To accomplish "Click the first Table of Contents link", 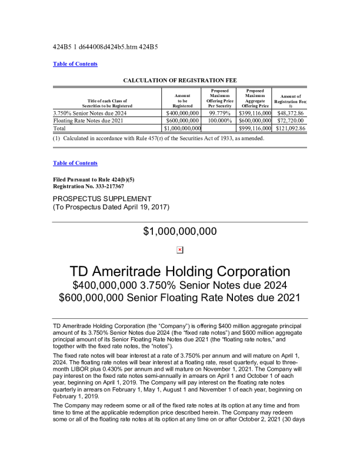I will point(75,64).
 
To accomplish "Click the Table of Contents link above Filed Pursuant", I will point(75,163).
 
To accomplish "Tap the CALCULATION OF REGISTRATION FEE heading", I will point(179,79).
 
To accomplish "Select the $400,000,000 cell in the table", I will point(183,112).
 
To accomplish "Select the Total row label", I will point(59,128).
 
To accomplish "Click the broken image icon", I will point(180,250).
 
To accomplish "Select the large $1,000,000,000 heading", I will point(180,232).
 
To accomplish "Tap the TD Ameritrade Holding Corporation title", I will point(180,272).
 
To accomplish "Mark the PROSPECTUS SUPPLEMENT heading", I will point(102,198).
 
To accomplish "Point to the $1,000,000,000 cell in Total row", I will point(183,128).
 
